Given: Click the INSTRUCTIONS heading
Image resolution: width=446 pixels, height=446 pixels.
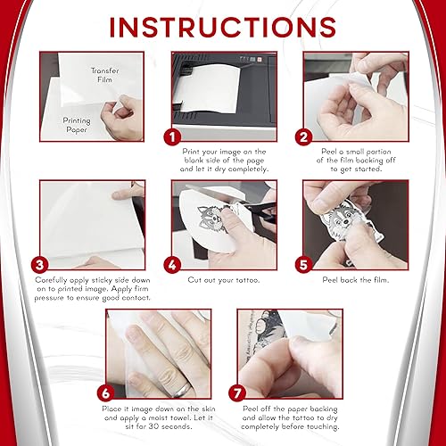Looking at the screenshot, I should pyautogui.click(x=223, y=25).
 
